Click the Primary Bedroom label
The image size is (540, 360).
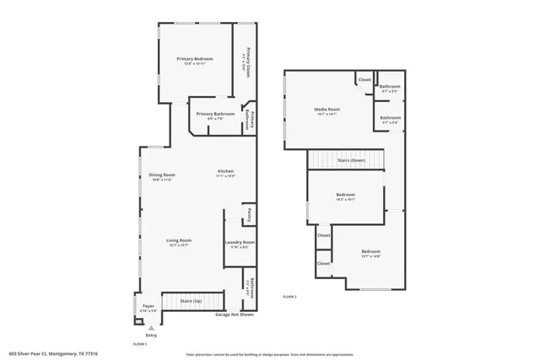point(193,59)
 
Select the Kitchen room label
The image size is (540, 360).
point(224,171)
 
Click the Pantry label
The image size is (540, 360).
point(249,216)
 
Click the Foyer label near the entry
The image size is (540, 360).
point(148,306)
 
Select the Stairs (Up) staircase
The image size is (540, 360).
point(192,301)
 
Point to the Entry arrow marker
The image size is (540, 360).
point(152,327)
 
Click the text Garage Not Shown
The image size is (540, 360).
point(235,314)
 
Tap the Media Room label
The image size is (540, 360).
point(327,109)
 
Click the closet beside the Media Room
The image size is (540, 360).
point(364,80)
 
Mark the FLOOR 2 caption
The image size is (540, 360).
point(289,297)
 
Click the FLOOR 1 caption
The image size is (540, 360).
point(140,344)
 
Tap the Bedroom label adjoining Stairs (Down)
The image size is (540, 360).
point(346,196)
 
